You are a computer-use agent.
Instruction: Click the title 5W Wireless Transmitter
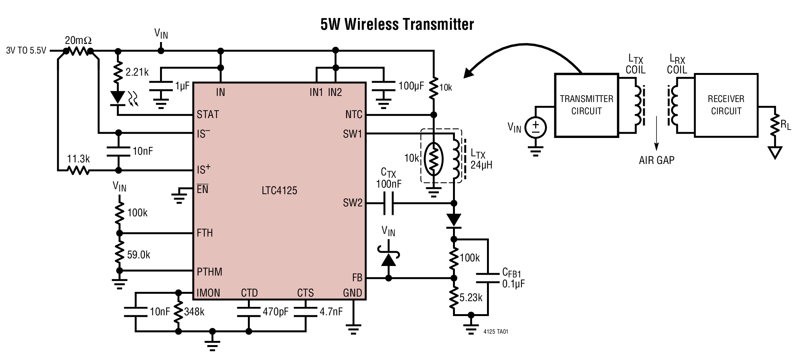pos(397,24)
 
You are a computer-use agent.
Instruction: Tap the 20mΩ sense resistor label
pos(78,41)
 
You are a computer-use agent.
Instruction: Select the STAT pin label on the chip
pos(208,114)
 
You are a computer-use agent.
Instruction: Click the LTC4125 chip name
pos(279,190)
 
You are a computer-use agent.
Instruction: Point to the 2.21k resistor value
pos(137,72)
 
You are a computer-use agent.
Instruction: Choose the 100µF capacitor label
pos(411,86)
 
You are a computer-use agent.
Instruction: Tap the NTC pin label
pos(354,114)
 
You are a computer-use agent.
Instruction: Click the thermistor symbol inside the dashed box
pos(434,159)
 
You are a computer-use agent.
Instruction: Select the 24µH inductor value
pos(481,165)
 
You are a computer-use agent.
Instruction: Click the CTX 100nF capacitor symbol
pos(388,203)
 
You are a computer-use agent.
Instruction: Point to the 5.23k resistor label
pos(471,298)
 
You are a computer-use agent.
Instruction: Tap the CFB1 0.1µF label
pos(513,278)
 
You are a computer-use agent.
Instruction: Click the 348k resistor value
pos(194,312)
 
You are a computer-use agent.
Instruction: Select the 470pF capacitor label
pos(275,312)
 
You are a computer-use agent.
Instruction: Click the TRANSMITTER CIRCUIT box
pos(586,105)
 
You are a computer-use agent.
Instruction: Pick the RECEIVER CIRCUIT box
pos(726,105)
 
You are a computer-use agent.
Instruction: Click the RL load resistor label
pos(786,125)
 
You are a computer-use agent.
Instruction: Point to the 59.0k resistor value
pos(138,255)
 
